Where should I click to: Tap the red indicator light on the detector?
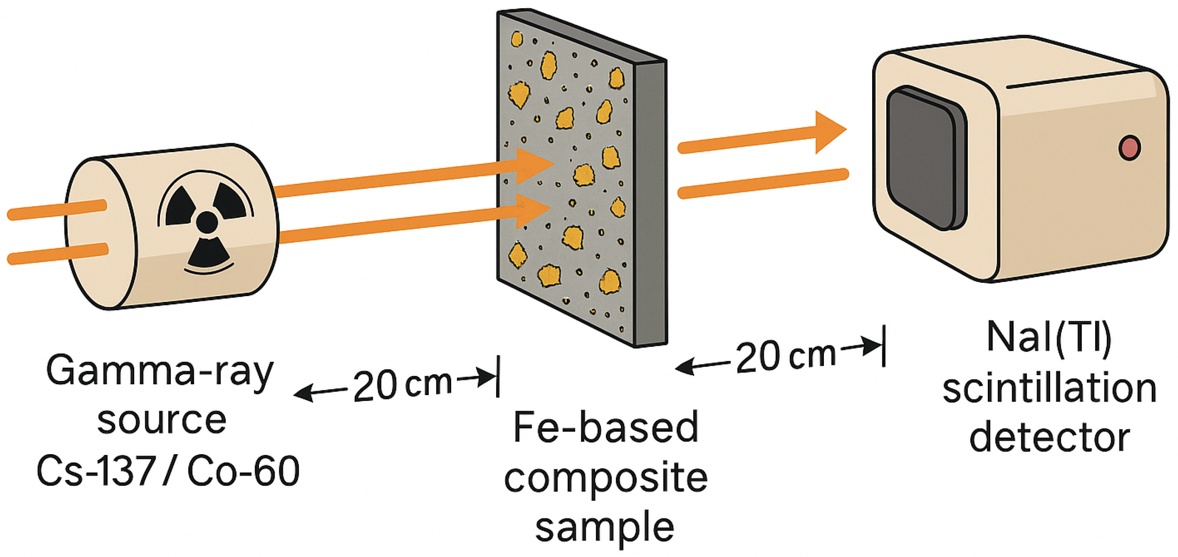[x=1129, y=147]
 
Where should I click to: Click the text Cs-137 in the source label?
[x=96, y=471]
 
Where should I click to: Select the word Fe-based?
[x=606, y=427]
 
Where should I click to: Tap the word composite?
[x=606, y=478]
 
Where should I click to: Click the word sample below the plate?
[x=605, y=527]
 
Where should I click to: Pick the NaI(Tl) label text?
[x=1049, y=338]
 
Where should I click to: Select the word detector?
[x=1049, y=437]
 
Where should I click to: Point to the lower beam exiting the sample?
[x=763, y=183]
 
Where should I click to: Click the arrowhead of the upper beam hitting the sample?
[x=534, y=165]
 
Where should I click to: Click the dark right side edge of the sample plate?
[x=651, y=205]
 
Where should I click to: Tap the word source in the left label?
[x=161, y=420]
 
